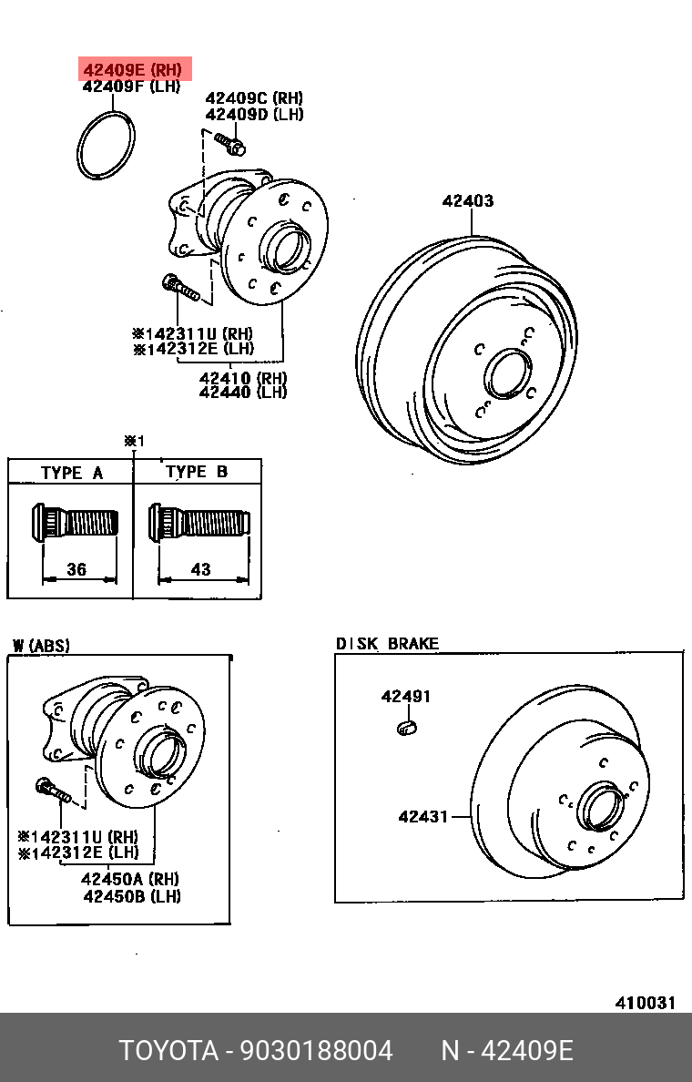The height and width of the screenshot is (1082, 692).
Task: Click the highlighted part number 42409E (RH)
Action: point(133,70)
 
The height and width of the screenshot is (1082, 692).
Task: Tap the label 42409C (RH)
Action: point(254,98)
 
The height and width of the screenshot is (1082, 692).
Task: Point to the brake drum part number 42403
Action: point(468,201)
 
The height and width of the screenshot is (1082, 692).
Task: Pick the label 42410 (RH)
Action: point(243,377)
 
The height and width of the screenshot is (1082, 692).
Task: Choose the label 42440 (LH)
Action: point(243,393)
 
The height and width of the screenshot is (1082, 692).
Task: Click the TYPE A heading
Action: point(72,473)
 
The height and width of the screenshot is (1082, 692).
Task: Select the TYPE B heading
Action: point(197,472)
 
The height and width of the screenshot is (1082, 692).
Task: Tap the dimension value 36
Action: point(76,569)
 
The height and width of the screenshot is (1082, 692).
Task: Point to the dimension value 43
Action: point(200,569)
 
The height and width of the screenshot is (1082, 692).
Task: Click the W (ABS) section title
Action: point(41,646)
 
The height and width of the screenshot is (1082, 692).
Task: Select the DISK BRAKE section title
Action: point(387,644)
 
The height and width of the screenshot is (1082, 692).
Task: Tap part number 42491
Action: point(405,697)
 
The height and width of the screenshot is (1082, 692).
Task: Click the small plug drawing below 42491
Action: point(406,726)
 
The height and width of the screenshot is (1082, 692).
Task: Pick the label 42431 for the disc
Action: point(422,817)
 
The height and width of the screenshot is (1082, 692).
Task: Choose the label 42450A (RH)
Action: point(130,879)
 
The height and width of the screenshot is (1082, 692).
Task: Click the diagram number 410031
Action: point(645,1003)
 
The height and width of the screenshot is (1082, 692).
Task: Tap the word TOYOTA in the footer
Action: point(168,1051)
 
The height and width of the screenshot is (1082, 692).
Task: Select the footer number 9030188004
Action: point(316,1051)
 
